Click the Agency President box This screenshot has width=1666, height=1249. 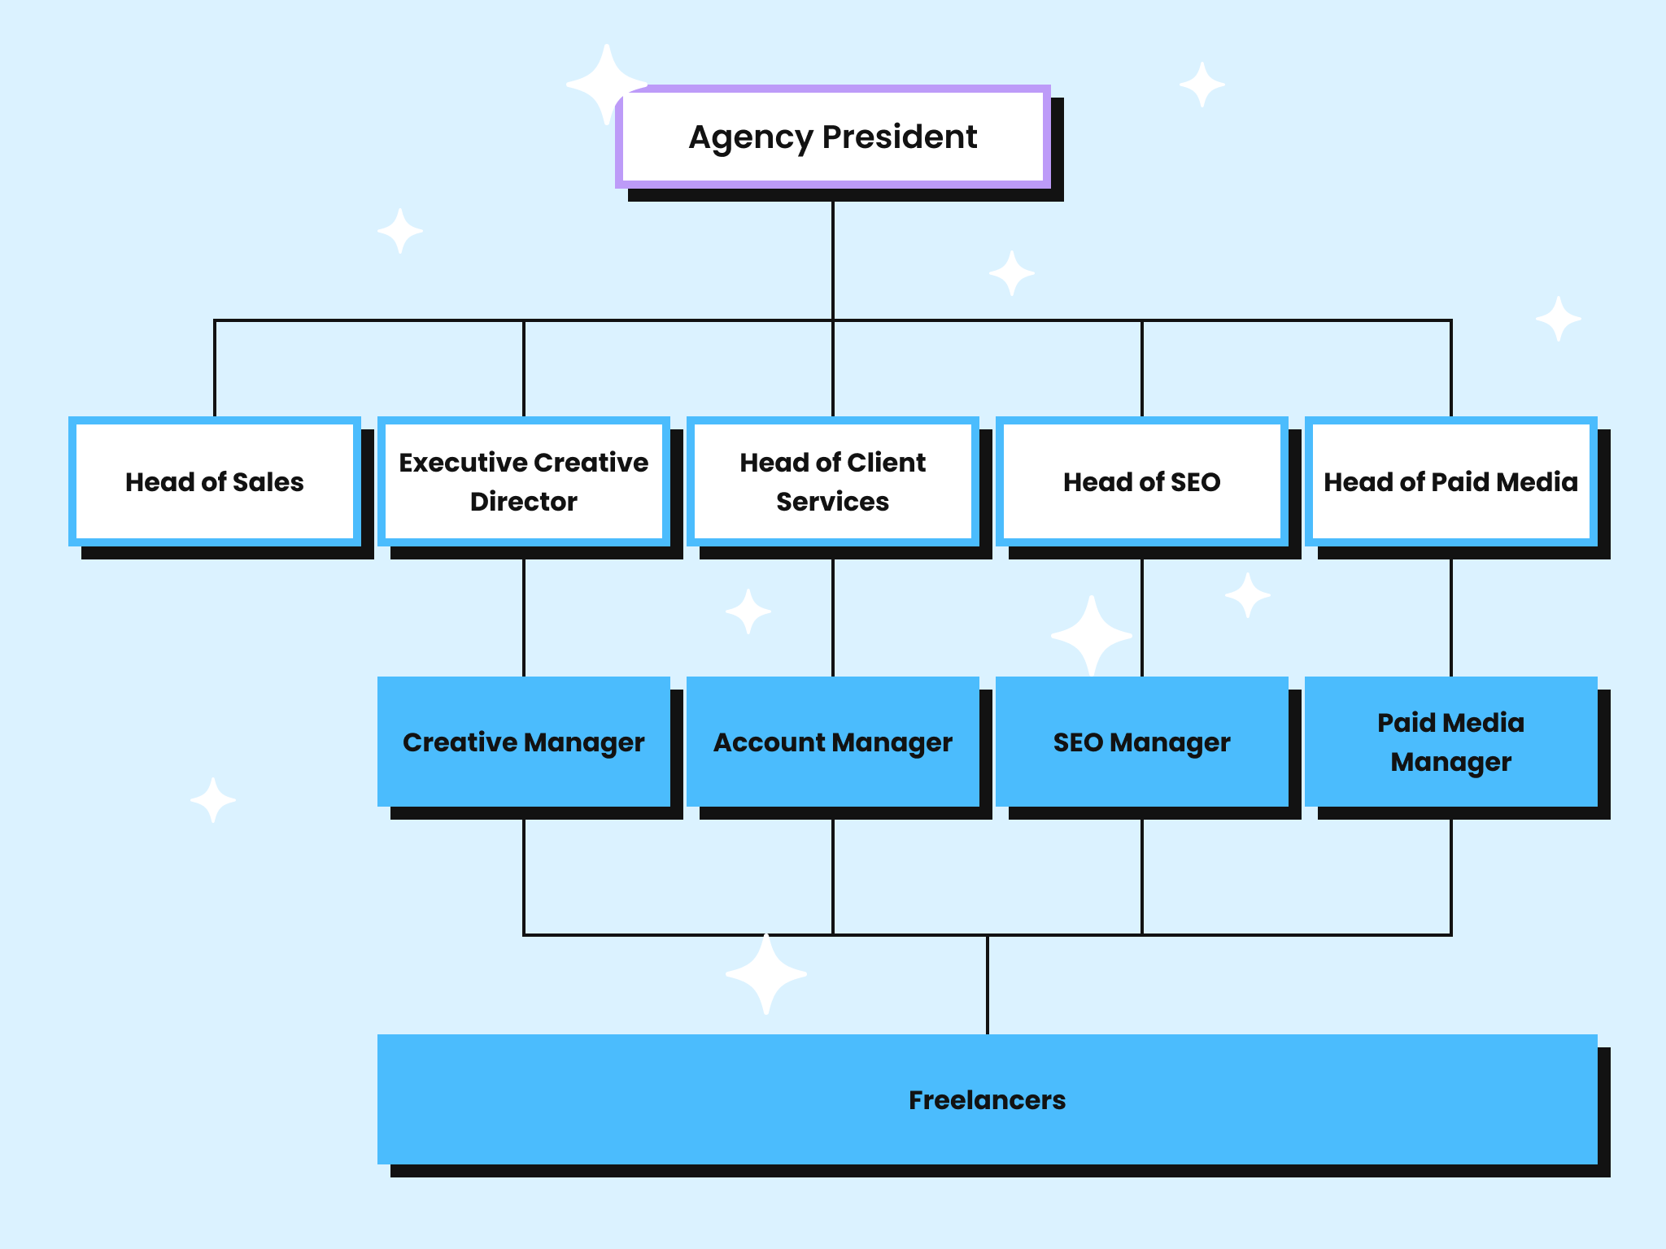(x=832, y=163)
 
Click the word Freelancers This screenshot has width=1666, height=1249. (x=987, y=1099)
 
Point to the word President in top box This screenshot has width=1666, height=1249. (x=899, y=137)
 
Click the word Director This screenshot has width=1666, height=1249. (x=524, y=502)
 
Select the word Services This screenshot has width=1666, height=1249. (x=832, y=502)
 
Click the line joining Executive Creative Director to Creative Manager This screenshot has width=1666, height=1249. (x=524, y=618)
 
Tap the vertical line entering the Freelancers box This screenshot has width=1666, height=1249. (x=988, y=984)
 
